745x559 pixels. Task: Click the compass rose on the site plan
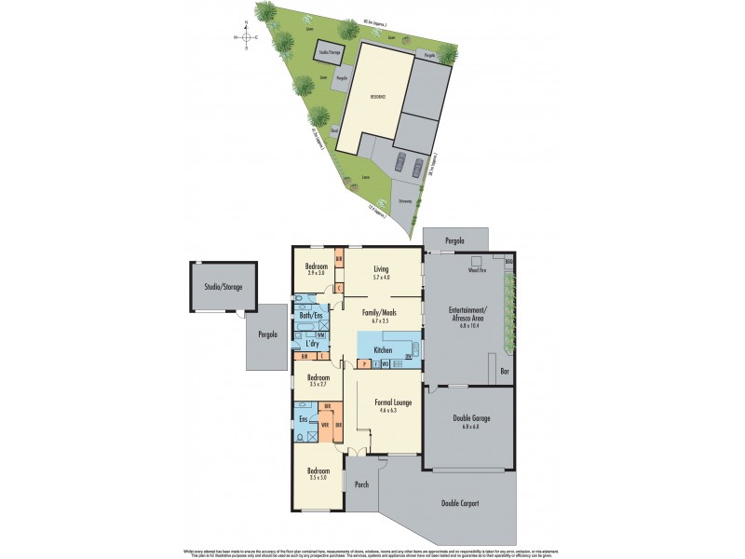[246, 39]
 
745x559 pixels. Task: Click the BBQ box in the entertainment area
[509, 264]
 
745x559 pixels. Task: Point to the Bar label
[504, 371]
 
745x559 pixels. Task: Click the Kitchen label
[382, 350]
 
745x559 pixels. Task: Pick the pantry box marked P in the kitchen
[364, 362]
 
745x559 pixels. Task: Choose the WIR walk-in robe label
[324, 426]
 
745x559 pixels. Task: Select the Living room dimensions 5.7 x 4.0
[382, 276]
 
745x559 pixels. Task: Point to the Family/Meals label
[382, 313]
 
